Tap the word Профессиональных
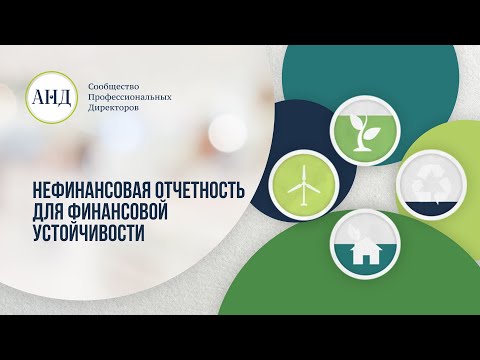coord(131,97)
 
